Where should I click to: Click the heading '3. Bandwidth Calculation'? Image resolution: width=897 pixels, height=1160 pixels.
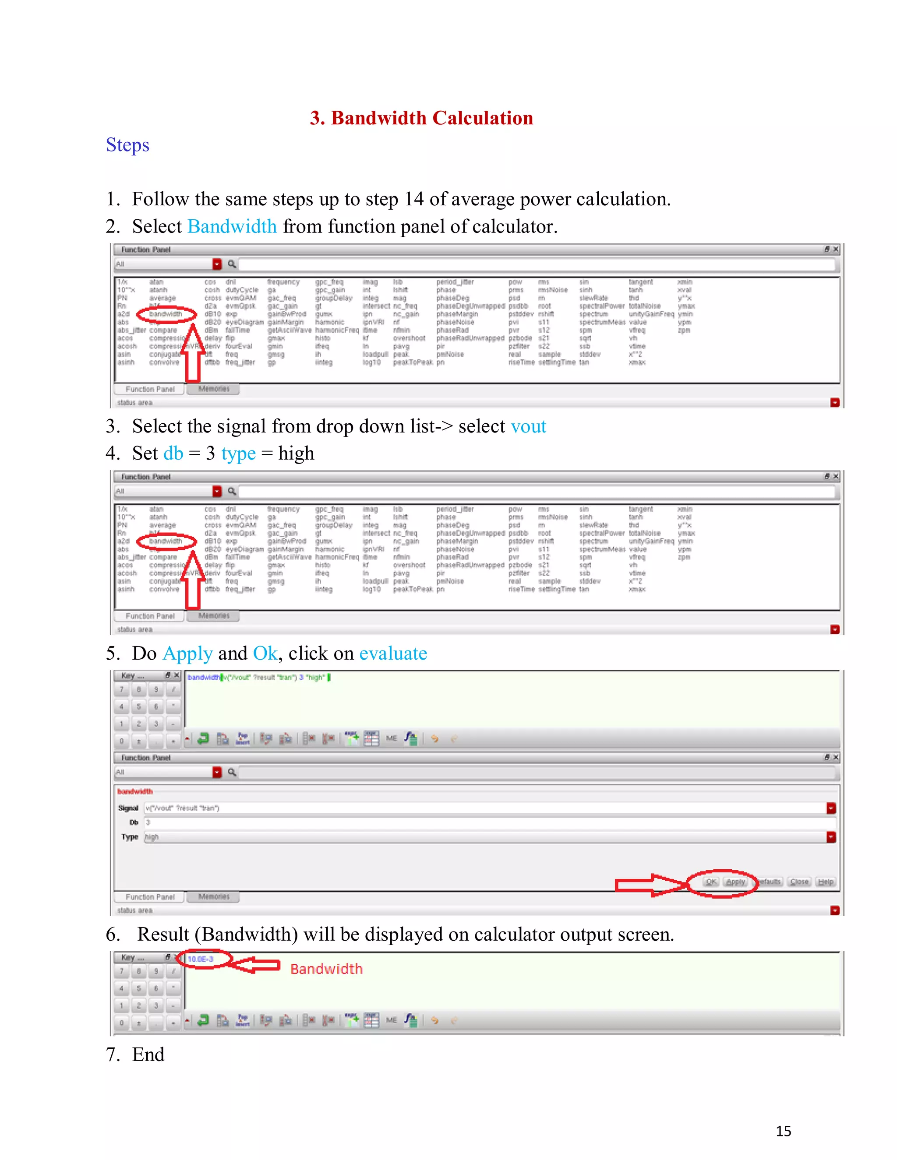pyautogui.click(x=421, y=118)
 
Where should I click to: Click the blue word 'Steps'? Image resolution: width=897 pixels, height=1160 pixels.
pyautogui.click(x=127, y=145)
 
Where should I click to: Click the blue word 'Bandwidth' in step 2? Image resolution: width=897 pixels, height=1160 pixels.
pyautogui.click(x=232, y=227)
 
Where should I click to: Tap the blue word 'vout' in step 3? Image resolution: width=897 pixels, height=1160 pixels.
pyautogui.click(x=528, y=426)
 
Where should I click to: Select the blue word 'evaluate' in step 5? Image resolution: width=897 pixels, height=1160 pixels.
pyautogui.click(x=393, y=653)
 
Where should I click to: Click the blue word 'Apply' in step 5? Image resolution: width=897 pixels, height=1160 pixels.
pyautogui.click(x=187, y=653)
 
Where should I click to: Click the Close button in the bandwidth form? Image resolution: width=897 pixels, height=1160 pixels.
pyautogui.click(x=799, y=882)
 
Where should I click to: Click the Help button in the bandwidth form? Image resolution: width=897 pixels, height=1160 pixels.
pyautogui.click(x=825, y=882)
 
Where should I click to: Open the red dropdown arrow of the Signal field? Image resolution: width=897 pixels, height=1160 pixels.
pyautogui.click(x=831, y=808)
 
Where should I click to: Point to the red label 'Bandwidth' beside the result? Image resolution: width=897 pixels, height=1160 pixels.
pyautogui.click(x=326, y=969)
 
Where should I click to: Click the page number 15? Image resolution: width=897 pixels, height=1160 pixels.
pyautogui.click(x=783, y=1131)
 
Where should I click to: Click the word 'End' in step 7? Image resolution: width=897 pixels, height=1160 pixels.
pyautogui.click(x=148, y=1055)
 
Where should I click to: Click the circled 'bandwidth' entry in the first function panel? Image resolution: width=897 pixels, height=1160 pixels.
pyautogui.click(x=166, y=314)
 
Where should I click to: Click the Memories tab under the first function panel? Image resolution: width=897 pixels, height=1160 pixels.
pyautogui.click(x=214, y=389)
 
